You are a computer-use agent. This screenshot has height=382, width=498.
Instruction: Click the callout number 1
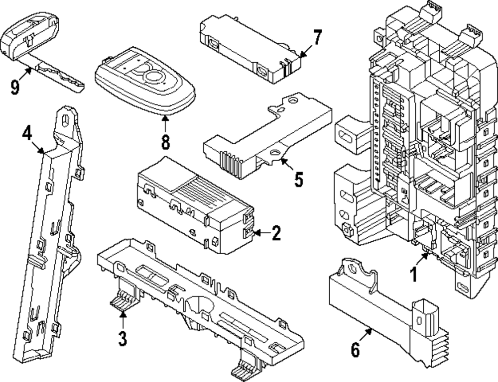[x=413, y=274]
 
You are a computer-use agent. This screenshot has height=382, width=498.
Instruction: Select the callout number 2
[x=276, y=233]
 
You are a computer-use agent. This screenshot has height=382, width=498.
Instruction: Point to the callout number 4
[x=27, y=133]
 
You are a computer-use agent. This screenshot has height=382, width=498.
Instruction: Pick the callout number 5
[x=298, y=180]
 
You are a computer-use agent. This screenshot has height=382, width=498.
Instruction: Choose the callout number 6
[x=355, y=349]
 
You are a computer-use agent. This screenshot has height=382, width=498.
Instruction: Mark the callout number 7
[x=317, y=37]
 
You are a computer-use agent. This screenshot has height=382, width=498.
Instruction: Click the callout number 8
[x=165, y=141]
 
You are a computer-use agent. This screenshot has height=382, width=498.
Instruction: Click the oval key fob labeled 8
[x=144, y=82]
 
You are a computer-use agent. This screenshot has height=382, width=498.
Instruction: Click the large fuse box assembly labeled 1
[x=423, y=149]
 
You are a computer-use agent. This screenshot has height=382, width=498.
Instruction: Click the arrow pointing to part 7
[x=305, y=51]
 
